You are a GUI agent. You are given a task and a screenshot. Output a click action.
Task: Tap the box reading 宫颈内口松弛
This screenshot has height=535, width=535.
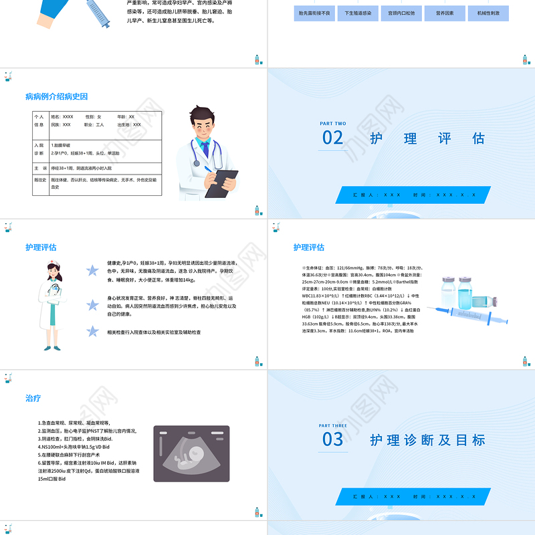pos(401,13)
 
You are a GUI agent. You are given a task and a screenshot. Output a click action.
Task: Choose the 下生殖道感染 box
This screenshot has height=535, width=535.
pos(358,13)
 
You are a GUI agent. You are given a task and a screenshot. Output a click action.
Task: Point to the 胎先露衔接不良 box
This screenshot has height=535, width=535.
pos(314,13)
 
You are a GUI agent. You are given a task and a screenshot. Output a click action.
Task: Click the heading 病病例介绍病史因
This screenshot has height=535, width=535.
pos(56,97)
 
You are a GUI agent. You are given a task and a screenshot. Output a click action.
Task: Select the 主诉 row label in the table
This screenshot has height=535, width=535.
pos(40,169)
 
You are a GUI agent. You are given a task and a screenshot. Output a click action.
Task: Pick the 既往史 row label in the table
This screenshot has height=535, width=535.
pos(40,180)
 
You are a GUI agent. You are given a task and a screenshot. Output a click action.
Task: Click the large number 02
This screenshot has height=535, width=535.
pos(333,138)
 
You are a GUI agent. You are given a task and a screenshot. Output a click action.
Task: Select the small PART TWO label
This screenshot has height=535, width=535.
pos(332,124)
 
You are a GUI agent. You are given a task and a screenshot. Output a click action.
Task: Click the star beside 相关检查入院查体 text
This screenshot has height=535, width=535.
pos(93,331)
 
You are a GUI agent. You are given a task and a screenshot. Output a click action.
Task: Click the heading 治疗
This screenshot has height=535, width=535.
pos(33,398)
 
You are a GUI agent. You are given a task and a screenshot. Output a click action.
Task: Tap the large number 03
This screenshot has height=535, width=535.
pos(333,439)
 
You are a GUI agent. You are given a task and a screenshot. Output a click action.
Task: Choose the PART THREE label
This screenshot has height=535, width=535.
pos(333,425)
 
